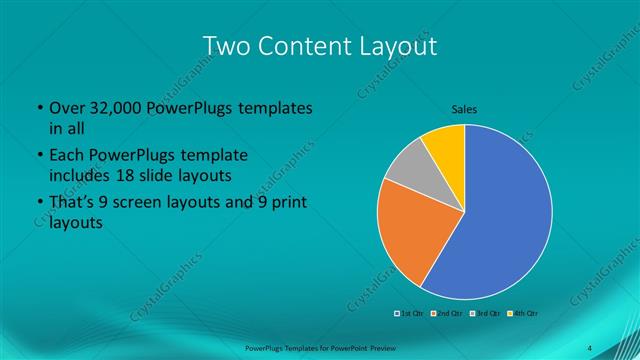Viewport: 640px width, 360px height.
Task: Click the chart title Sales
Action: point(464,109)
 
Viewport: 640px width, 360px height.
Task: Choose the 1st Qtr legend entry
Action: point(411,314)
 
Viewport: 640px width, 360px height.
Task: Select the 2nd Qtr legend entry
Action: point(445,314)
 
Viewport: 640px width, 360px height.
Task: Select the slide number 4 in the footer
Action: point(590,347)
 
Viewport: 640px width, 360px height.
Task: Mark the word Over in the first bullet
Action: point(67,108)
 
